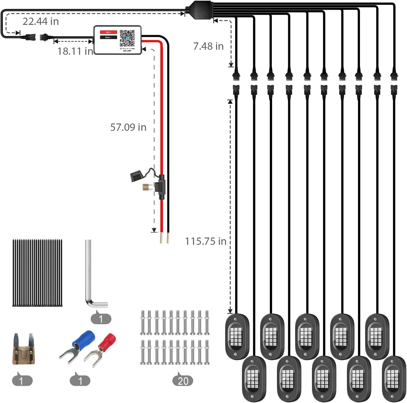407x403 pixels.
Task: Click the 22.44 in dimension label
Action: pos(41,21)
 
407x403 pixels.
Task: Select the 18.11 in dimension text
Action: pos(75,51)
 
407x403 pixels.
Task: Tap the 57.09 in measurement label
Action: pos(128,127)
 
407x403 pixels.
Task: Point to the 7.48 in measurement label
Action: pos(208,46)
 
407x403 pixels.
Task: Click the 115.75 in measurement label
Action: pos(205,241)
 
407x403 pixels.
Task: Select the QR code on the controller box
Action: pos(127,38)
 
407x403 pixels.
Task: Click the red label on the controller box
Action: pos(108,32)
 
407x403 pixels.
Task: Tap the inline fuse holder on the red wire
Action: pos(162,187)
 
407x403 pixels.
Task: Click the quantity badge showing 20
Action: pos(183,381)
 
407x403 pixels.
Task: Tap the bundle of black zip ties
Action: pos(37,273)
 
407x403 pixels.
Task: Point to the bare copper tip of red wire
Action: pos(161,238)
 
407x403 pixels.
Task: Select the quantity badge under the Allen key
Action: pos(101,319)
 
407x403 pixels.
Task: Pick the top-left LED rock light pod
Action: pos(237,336)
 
